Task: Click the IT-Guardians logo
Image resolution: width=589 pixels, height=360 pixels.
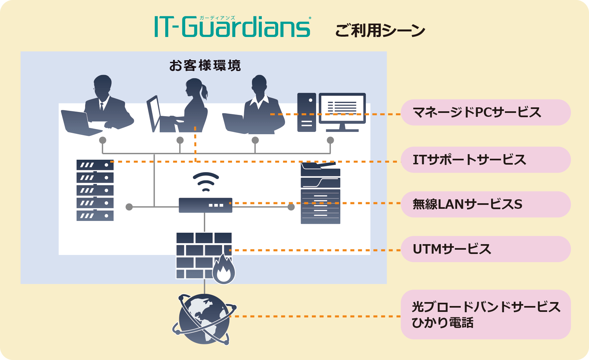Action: (232, 27)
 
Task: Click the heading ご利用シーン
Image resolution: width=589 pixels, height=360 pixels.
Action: (380, 31)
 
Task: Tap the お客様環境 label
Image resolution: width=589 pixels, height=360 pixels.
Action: (205, 66)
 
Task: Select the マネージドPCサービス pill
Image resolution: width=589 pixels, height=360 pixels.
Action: (486, 113)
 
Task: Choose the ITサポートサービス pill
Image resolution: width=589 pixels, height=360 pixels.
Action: (486, 160)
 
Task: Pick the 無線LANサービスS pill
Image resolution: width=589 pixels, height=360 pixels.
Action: (486, 205)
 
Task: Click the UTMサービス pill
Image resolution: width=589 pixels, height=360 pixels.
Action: (486, 249)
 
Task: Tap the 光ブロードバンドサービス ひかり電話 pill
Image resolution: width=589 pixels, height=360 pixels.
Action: (486, 315)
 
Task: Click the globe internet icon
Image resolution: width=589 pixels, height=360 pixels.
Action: (204, 319)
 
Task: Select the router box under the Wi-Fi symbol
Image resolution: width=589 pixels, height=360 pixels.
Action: (205, 205)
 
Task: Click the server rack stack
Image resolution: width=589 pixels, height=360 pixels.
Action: (95, 190)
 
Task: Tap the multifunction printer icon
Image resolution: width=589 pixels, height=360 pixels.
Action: (320, 193)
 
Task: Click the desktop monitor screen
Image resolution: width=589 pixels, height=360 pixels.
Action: (342, 108)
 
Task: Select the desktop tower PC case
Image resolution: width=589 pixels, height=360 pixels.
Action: (307, 112)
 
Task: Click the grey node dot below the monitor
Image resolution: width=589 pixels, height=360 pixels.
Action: (330, 140)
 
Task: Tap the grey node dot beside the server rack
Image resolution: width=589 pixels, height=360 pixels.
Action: (129, 207)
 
